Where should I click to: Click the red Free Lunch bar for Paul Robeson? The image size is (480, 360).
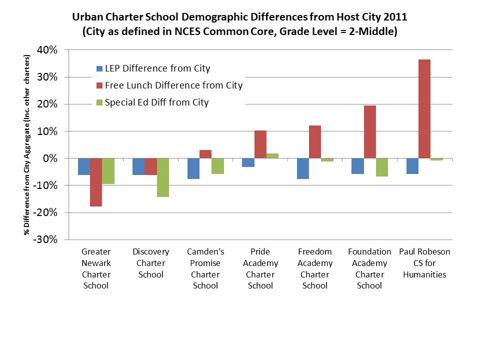424,109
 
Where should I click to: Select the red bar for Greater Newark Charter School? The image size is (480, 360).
96,182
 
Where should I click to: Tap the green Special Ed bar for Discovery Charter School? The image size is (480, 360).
163,177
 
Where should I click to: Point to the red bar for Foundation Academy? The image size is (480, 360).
370,132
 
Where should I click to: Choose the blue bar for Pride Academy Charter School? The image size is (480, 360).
248,162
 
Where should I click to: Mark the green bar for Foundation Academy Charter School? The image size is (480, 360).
381,167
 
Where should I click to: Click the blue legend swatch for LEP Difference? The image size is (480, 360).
99,68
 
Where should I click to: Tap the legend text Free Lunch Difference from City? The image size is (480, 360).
173,85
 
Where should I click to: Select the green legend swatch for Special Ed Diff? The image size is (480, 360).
99,102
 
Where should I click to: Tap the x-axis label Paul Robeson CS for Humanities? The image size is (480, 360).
424,263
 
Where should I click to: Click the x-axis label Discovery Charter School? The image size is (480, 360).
150,263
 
